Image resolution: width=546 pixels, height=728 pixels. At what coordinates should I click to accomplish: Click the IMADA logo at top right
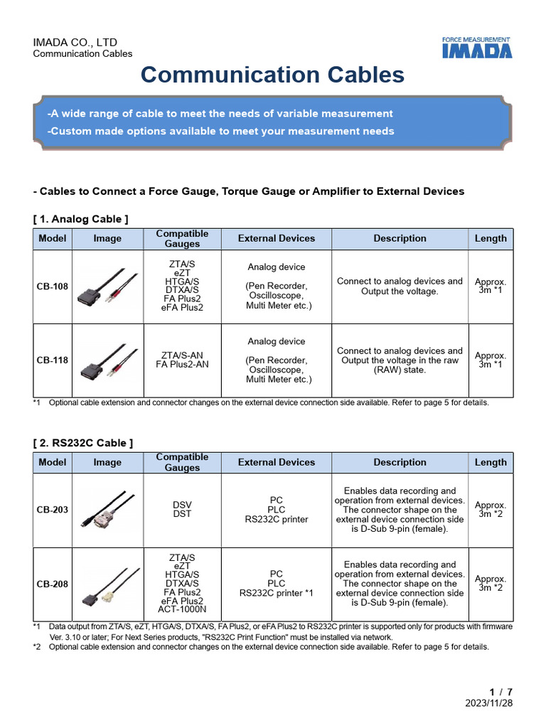click(x=476, y=48)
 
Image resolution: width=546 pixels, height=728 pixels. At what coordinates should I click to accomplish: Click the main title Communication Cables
click(x=272, y=75)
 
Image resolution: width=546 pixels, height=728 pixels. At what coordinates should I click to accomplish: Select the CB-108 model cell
click(x=53, y=287)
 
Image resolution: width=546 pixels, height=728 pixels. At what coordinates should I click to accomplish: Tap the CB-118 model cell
click(x=53, y=360)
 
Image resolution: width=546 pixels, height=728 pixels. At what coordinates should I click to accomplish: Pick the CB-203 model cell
click(x=53, y=510)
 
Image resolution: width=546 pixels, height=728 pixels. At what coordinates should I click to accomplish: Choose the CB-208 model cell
click(x=53, y=584)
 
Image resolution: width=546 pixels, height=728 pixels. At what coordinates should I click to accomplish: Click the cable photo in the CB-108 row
click(x=107, y=287)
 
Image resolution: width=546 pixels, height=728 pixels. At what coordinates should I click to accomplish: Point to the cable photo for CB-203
click(x=107, y=510)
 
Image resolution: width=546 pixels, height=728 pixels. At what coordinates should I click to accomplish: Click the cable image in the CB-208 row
click(x=107, y=584)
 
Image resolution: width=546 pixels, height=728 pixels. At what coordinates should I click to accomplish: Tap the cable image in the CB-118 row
click(x=107, y=360)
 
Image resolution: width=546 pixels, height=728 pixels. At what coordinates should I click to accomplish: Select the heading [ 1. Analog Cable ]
click(x=81, y=219)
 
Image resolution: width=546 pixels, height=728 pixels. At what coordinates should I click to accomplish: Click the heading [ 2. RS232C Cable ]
click(x=83, y=443)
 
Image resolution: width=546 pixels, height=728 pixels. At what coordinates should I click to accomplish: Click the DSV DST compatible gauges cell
click(x=182, y=510)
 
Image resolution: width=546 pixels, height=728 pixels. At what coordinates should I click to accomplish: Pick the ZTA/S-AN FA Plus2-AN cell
click(x=182, y=360)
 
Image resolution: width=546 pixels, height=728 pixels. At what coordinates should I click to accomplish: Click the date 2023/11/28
click(x=488, y=702)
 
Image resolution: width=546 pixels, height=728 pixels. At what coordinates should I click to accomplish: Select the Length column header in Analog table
click(x=491, y=239)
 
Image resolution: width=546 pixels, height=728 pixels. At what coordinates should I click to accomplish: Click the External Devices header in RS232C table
click(x=276, y=462)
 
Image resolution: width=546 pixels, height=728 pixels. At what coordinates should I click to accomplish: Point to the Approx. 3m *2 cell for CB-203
click(x=491, y=510)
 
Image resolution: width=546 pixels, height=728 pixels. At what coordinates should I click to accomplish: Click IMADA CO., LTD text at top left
click(x=75, y=43)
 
